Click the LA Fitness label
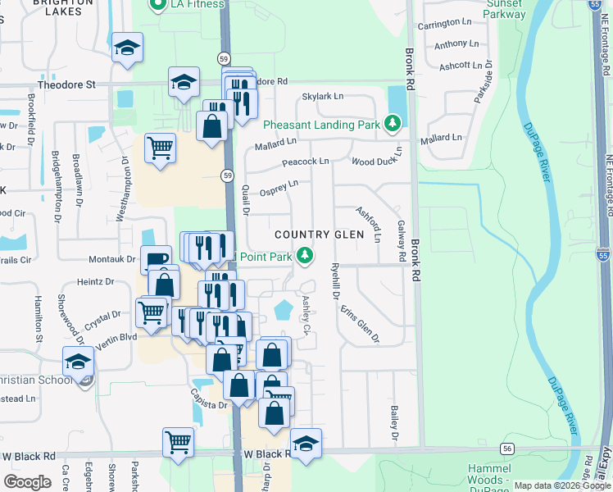click(198, 4)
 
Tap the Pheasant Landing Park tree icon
click(394, 124)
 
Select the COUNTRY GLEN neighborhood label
click(319, 235)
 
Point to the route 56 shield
click(508, 448)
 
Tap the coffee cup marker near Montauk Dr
click(154, 260)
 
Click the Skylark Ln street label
click(323, 97)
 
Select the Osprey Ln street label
click(279, 189)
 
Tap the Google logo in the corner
click(28, 481)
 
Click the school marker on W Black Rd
click(306, 444)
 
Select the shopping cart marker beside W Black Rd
click(177, 443)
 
